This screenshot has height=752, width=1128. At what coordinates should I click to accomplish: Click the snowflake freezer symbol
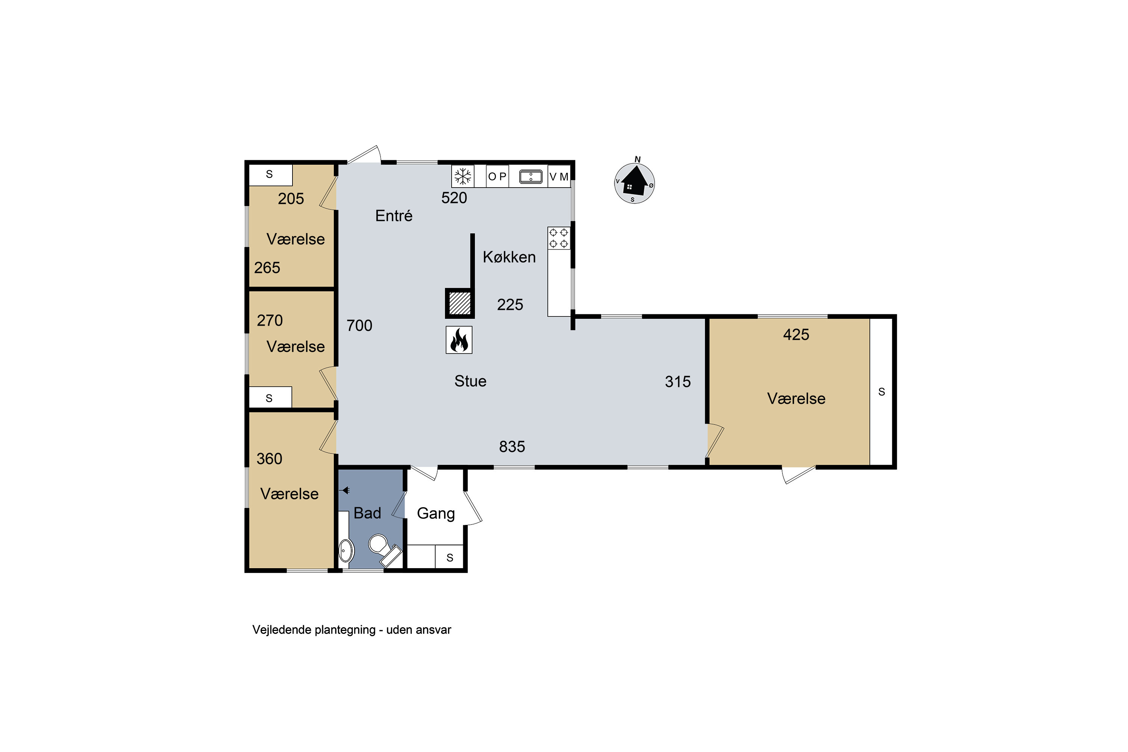click(x=463, y=176)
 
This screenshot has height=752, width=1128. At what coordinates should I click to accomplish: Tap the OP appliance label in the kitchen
click(x=497, y=176)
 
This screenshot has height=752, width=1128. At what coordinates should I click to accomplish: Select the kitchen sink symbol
click(x=531, y=176)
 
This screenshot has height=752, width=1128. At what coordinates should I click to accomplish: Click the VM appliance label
click(x=559, y=176)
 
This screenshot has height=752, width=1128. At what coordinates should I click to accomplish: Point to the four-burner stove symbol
click(x=559, y=238)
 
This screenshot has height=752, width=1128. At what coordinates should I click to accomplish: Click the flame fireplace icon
click(x=459, y=340)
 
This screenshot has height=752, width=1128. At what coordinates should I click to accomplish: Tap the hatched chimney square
click(x=459, y=303)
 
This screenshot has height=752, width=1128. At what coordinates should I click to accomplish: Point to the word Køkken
click(x=509, y=257)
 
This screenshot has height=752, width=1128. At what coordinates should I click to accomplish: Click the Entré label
click(x=394, y=216)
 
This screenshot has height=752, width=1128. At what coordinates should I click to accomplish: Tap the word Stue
click(x=470, y=381)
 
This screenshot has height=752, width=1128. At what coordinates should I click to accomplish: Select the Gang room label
click(x=436, y=514)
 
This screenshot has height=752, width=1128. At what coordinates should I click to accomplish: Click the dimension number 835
click(x=512, y=447)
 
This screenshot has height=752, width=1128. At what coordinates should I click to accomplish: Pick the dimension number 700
click(x=359, y=326)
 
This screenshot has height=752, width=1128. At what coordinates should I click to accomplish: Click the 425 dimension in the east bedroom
click(x=796, y=335)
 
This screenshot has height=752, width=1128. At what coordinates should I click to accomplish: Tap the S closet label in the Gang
click(x=450, y=558)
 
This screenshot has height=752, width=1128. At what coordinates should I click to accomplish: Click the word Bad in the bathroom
click(x=367, y=513)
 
